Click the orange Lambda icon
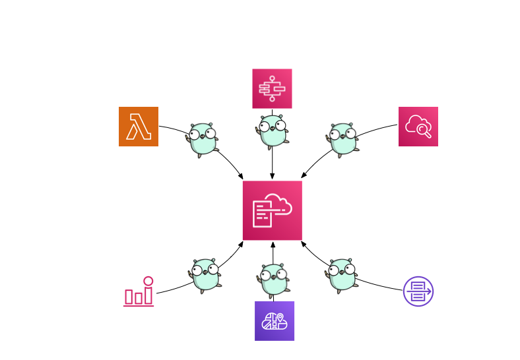click(x=139, y=126)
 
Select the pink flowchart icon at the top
click(x=272, y=88)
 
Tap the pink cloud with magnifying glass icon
click(x=418, y=126)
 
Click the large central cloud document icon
click(x=272, y=210)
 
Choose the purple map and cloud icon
click(x=275, y=321)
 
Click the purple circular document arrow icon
click(x=418, y=291)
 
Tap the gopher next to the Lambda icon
click(x=203, y=138)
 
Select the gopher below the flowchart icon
click(x=273, y=131)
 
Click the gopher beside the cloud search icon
click(x=342, y=138)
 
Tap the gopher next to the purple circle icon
click(x=341, y=274)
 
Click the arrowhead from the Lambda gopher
click(x=241, y=176)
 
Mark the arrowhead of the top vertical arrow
click(x=272, y=177)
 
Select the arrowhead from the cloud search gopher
click(x=304, y=176)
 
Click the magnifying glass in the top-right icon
click(x=426, y=133)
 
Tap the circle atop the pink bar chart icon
click(x=148, y=281)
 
